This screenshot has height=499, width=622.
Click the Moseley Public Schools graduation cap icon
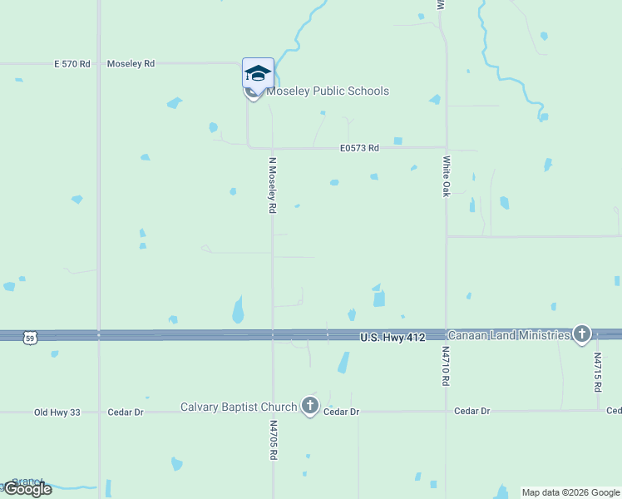pos(258,73)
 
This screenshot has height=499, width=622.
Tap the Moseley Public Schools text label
pos(328,91)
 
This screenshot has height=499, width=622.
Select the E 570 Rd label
pos(72,63)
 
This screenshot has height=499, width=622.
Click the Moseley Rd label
pos(131,63)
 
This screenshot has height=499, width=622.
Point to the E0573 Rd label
pos(359,148)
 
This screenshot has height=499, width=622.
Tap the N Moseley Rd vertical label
pos(272,185)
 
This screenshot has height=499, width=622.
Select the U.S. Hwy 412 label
pos(392,337)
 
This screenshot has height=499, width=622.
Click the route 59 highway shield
pos(31,338)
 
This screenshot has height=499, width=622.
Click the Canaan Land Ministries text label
pos(510,334)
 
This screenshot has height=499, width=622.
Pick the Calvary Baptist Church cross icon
pos(310,406)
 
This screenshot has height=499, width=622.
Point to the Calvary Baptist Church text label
pos(239,407)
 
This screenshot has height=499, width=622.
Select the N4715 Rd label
pos(597,372)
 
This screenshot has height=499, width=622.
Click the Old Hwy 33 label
pos(55,412)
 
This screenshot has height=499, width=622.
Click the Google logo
pos(27,489)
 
